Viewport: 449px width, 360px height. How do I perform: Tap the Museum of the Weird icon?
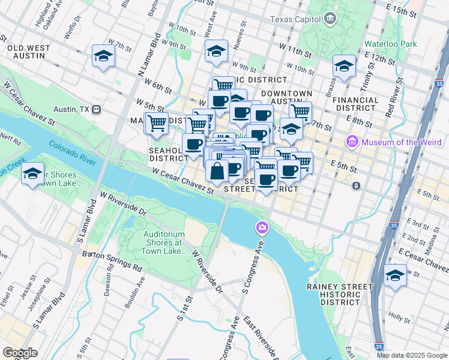tap(352, 142)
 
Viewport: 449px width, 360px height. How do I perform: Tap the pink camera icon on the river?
tap(262, 227)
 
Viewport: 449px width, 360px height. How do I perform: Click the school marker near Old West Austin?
tap(103, 56)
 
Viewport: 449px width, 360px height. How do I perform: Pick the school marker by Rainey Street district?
tap(395, 275)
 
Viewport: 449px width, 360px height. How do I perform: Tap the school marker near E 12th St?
tap(344, 66)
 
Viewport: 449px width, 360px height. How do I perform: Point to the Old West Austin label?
tap(26, 51)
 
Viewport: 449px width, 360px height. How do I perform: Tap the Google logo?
tap(20, 353)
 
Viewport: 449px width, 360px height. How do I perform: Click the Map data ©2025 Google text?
tap(412, 355)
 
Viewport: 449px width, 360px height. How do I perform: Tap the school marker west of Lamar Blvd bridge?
tap(32, 175)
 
